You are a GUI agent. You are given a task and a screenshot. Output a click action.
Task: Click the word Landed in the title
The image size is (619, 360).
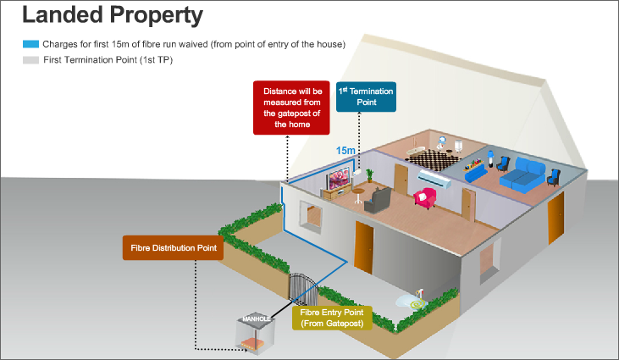(59, 15)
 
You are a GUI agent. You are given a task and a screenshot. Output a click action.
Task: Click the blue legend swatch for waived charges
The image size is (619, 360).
(30, 43)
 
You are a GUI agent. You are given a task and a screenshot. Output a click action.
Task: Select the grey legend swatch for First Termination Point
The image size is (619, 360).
(30, 60)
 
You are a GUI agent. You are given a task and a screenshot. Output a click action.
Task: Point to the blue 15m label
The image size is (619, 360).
(345, 150)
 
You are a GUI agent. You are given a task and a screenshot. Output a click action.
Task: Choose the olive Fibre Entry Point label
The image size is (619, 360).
(331, 317)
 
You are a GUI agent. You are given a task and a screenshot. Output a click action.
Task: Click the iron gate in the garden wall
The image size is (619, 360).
(301, 291)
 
